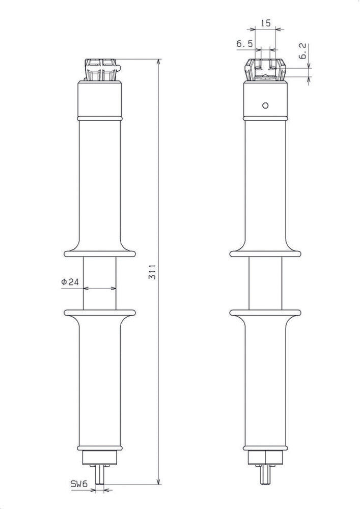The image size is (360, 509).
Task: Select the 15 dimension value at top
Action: pos(265,23)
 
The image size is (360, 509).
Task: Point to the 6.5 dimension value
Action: pos(244,44)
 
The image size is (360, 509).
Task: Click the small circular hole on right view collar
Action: pos(265,105)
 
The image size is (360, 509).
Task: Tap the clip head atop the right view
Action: pos(265,70)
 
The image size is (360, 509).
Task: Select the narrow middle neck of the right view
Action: pos(265,282)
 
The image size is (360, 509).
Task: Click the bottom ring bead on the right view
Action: pos(265,447)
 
